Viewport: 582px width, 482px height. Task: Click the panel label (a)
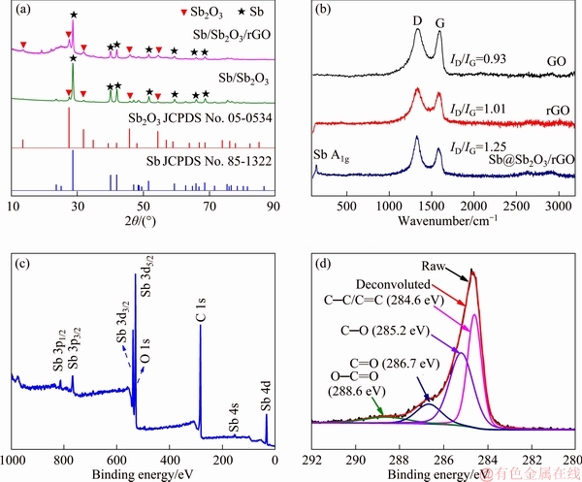18,11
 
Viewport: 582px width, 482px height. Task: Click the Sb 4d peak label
267,393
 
